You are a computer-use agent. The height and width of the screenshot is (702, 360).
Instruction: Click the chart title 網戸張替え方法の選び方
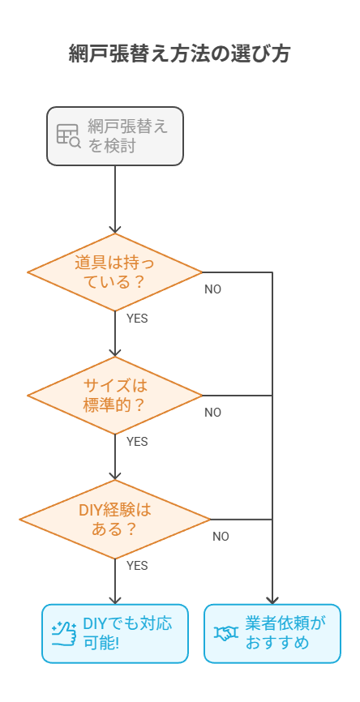click(x=179, y=54)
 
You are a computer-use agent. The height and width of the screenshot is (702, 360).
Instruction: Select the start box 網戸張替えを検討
click(x=115, y=136)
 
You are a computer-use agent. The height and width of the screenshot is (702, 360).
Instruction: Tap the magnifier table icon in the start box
click(x=68, y=135)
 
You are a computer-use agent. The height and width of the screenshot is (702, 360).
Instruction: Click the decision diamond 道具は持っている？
click(x=115, y=272)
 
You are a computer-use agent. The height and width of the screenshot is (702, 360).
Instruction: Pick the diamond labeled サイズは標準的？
click(x=115, y=396)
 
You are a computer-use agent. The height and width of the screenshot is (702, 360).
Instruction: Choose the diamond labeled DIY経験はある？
click(x=115, y=520)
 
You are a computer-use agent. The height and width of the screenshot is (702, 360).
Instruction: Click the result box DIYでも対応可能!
click(x=115, y=633)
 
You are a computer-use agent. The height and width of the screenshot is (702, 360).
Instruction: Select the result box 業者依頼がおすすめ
click(x=272, y=633)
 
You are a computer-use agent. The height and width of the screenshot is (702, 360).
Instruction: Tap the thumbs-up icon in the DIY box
click(x=64, y=633)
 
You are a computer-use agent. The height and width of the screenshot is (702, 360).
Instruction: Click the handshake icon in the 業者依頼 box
click(x=226, y=633)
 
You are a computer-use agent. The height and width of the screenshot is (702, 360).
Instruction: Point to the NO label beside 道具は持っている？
click(x=212, y=289)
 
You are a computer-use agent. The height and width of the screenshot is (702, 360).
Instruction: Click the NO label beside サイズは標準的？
click(x=212, y=413)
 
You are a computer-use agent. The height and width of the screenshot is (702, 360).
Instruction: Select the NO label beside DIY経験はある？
click(x=221, y=537)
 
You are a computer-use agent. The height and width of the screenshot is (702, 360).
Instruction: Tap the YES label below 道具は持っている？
click(x=137, y=319)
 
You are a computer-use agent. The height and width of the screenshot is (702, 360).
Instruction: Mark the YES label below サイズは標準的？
click(x=137, y=442)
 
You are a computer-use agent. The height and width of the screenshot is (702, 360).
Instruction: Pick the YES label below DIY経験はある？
click(x=137, y=566)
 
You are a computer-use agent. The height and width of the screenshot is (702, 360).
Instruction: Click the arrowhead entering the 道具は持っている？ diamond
click(x=115, y=230)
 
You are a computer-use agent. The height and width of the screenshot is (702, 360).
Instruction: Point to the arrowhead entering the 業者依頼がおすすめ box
click(x=272, y=601)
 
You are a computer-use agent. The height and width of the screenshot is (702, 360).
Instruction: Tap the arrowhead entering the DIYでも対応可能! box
click(x=115, y=601)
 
